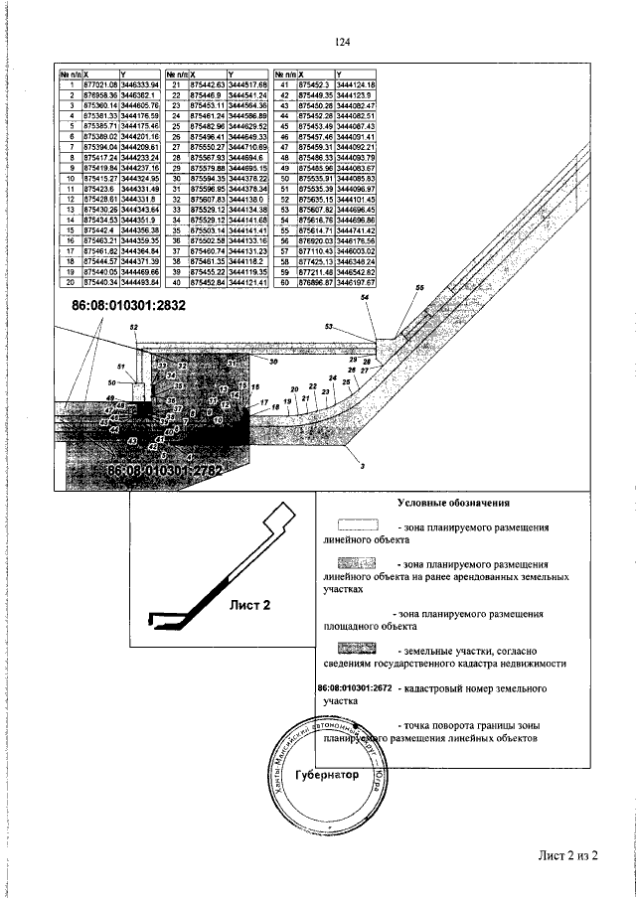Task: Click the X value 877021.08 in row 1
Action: (x=100, y=85)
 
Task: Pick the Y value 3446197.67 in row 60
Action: (x=355, y=282)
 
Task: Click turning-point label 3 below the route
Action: (x=363, y=465)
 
